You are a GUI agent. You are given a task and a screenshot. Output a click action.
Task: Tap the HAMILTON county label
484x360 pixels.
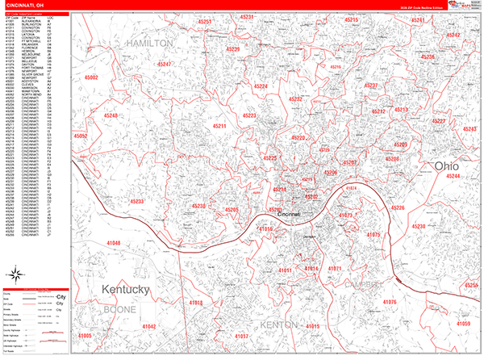pyautogui.click(x=149, y=42)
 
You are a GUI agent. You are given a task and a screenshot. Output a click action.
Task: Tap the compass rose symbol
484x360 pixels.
pyautogui.click(x=15, y=271)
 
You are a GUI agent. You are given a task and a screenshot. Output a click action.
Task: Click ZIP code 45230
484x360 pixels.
pyautogui.click(x=419, y=226)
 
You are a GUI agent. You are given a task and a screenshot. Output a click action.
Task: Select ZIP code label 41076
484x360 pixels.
pyautogui.click(x=390, y=301)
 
